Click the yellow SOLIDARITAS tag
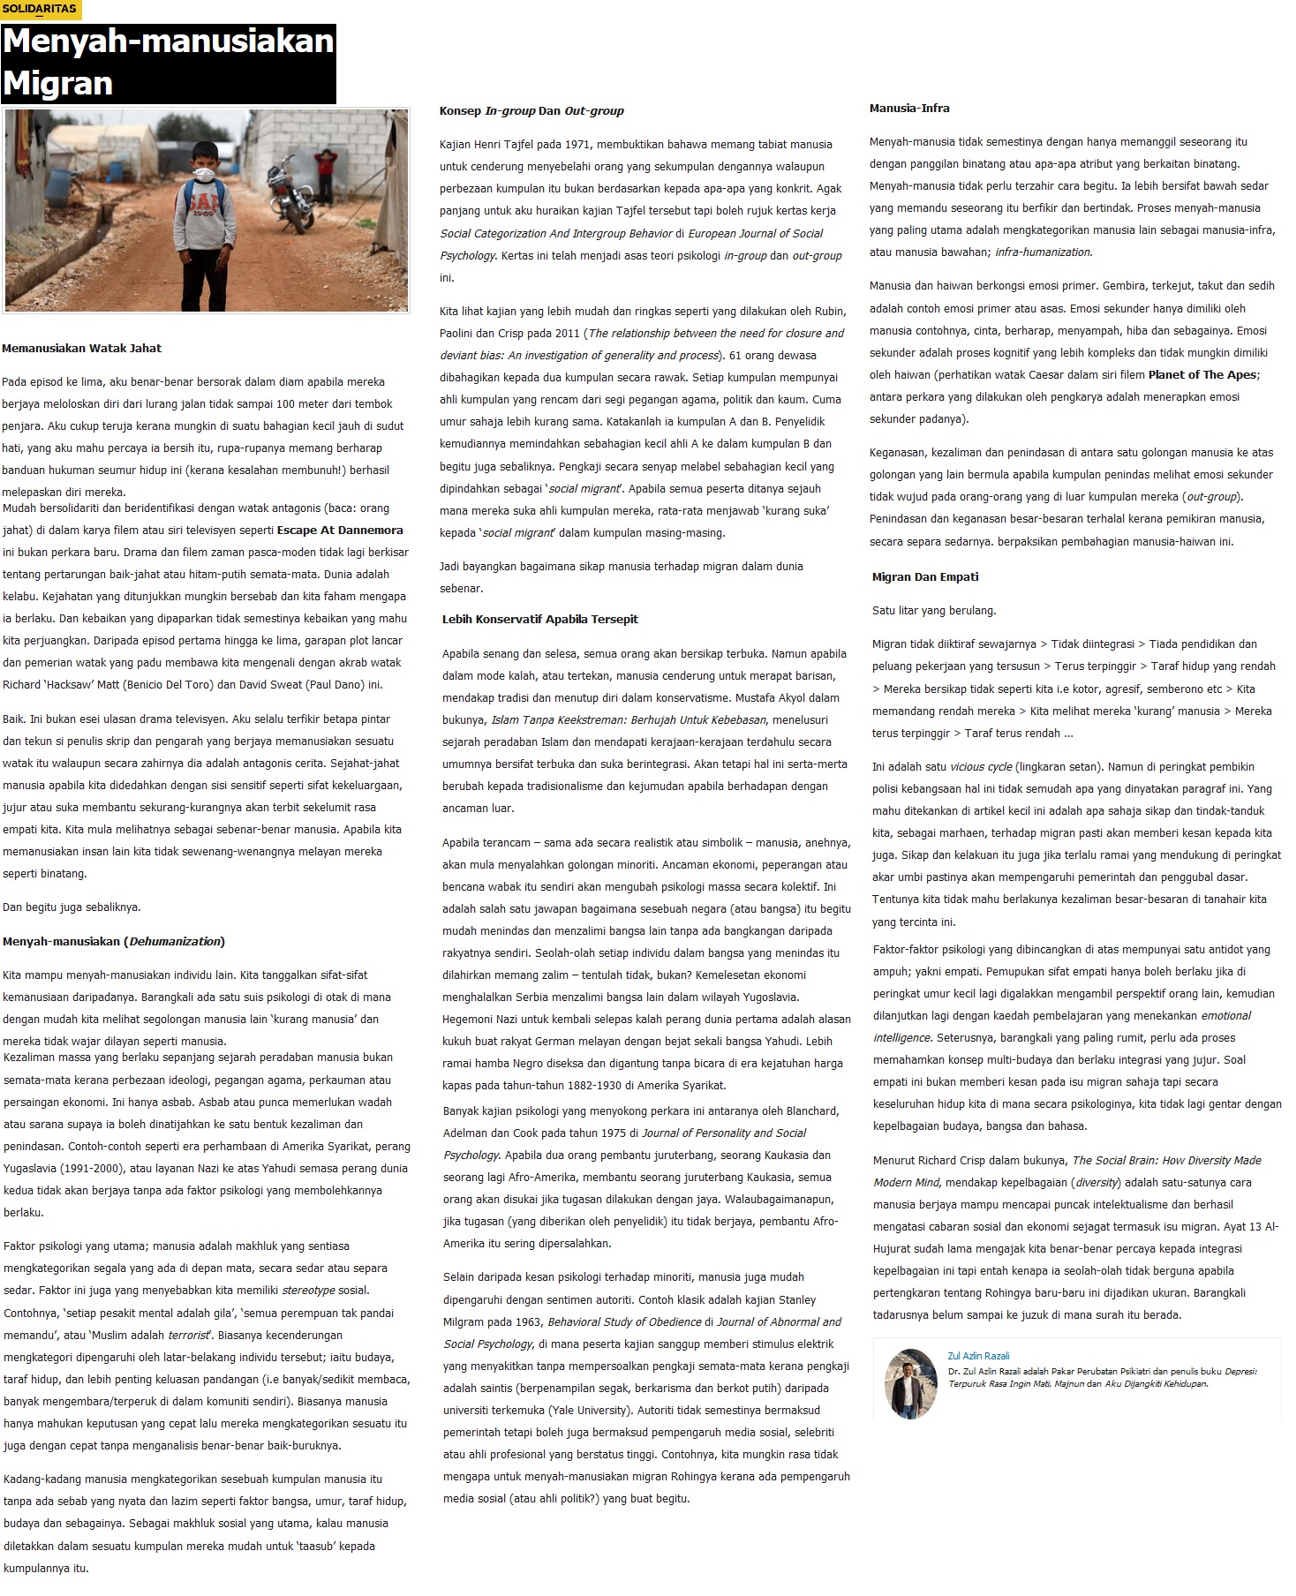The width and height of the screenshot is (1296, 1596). (x=40, y=11)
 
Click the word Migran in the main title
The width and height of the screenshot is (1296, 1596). (x=58, y=83)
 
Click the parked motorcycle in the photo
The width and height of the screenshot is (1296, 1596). (x=290, y=194)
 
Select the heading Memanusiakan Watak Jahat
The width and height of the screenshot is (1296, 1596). (x=82, y=348)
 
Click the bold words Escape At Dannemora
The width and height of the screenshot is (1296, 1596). (x=340, y=531)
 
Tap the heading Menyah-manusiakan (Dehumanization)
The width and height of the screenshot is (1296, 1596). (x=113, y=941)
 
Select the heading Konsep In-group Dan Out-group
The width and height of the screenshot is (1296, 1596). (x=531, y=110)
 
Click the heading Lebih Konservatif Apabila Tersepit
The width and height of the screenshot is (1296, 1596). (x=539, y=619)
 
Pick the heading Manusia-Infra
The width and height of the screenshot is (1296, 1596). (x=909, y=108)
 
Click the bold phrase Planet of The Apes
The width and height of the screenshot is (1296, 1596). (x=1202, y=374)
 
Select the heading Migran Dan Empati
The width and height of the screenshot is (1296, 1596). (x=925, y=576)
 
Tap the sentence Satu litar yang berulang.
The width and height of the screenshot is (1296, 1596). (x=934, y=610)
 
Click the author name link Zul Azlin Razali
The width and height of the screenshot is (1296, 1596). (x=978, y=1356)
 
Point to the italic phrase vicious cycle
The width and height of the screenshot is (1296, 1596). (x=981, y=766)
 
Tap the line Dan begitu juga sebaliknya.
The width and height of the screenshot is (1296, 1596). (x=72, y=907)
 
